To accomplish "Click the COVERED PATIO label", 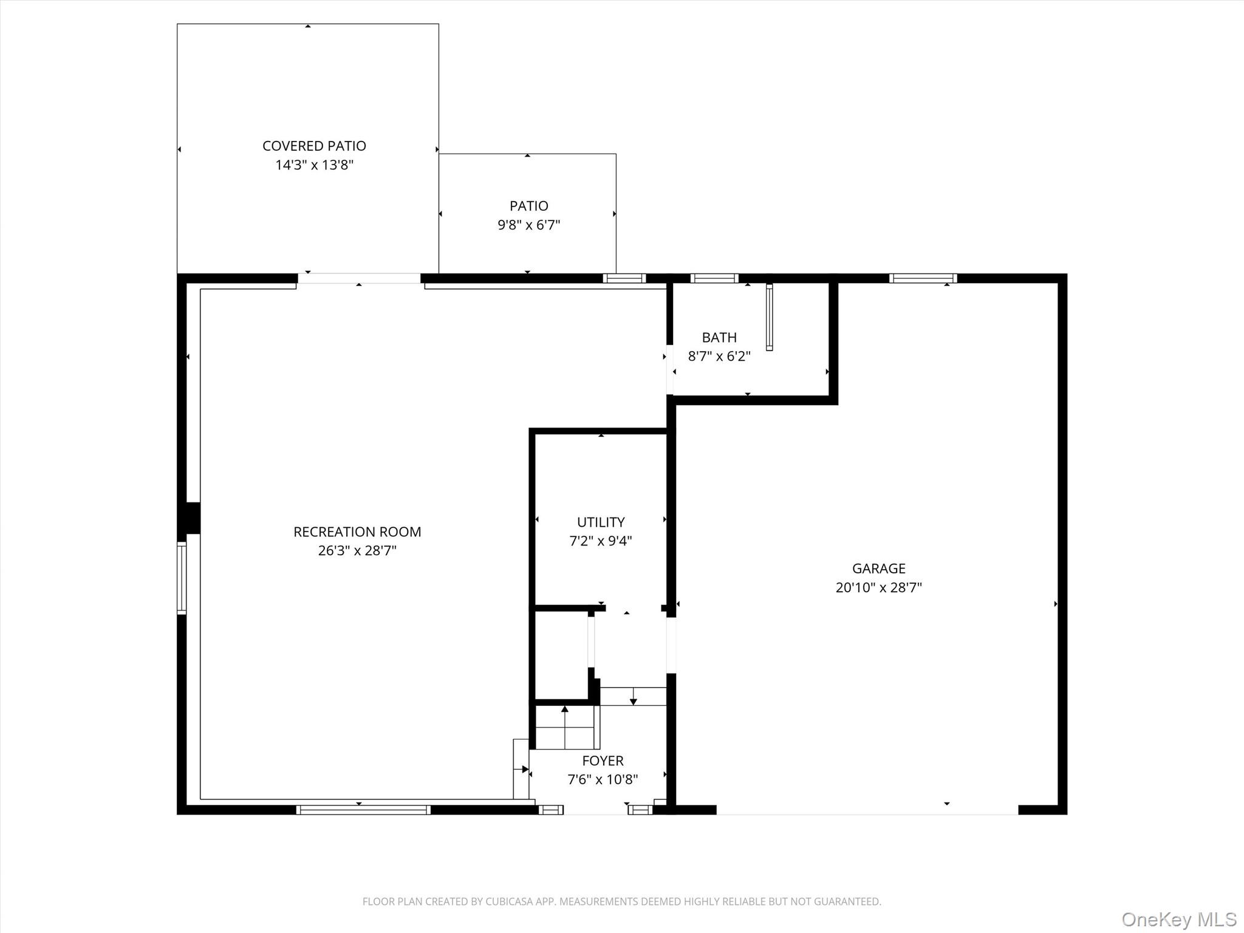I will point(314,146).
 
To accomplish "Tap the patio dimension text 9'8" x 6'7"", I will point(528,225).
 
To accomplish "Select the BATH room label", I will point(719,338).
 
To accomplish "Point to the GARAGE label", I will point(878,569).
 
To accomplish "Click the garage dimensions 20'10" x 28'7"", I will point(878,587).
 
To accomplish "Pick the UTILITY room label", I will point(601,522).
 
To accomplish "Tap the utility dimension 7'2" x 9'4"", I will point(601,541).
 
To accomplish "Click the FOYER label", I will point(603,760).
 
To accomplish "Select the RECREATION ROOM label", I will point(357,532).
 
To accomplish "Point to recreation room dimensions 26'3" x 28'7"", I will point(357,551).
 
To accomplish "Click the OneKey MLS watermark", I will point(1178,920).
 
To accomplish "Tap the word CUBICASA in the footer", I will point(510,901).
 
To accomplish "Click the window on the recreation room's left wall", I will point(182,577).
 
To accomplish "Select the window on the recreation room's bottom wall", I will point(363,810).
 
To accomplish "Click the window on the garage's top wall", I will point(923,278).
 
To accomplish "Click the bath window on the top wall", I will point(714,278).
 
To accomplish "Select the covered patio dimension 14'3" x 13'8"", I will point(314,165).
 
